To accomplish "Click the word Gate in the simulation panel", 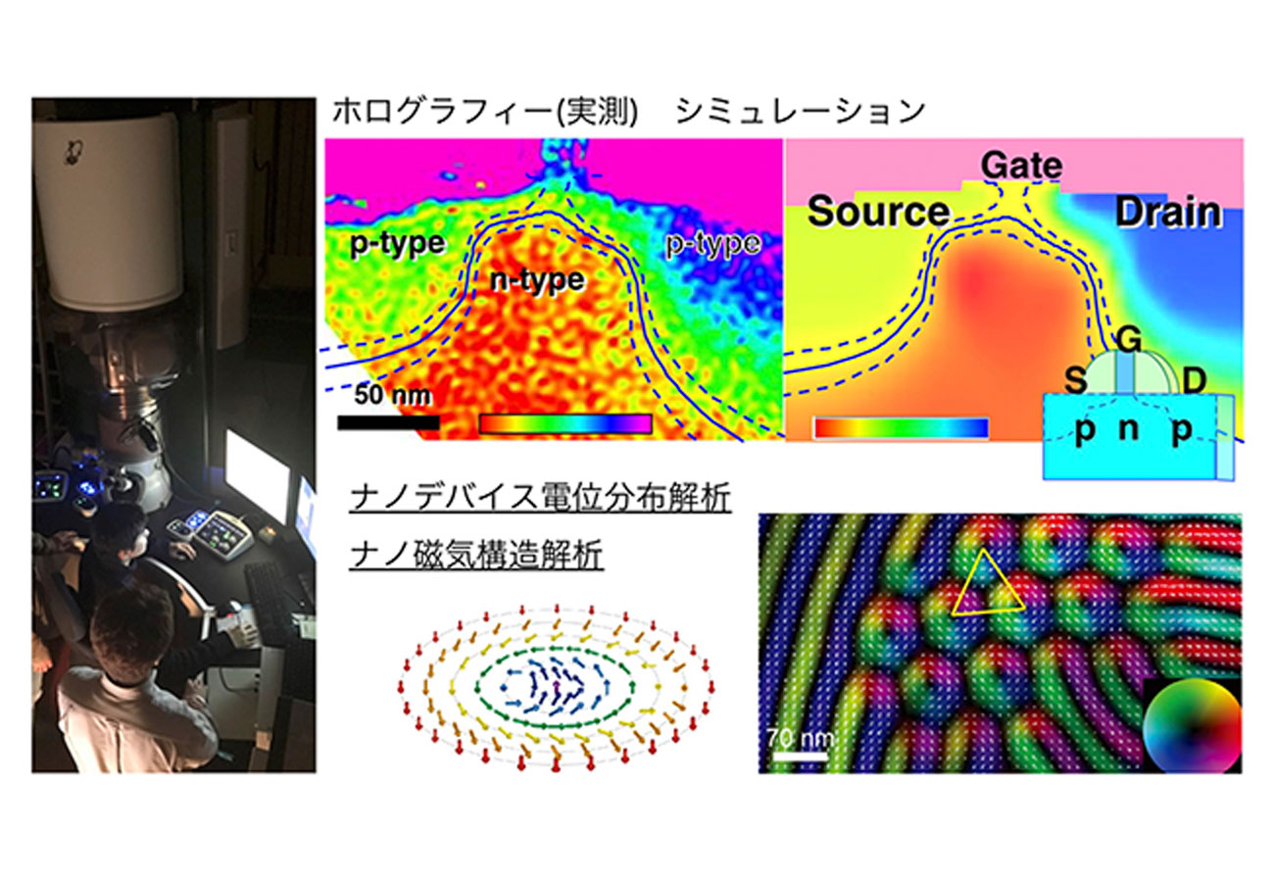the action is click(1021, 166).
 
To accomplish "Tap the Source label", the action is click(879, 212).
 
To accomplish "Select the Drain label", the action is click(1168, 213).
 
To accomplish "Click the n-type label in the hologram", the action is click(537, 280).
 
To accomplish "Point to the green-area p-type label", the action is click(397, 244).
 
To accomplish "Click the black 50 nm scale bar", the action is click(388, 422).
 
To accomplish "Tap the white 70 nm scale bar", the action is click(800, 757).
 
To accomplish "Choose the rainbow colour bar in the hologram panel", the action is click(565, 423).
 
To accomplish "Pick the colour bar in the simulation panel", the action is click(901, 428).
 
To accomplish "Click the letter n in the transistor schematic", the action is click(1128, 430).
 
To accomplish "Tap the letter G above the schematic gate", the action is click(1128, 340).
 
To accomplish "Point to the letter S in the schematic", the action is click(1075, 380).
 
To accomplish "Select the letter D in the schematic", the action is click(1195, 380).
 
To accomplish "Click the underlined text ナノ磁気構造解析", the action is click(476, 555).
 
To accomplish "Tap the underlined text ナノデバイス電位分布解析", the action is click(540, 498).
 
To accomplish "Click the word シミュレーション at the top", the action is click(801, 112).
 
